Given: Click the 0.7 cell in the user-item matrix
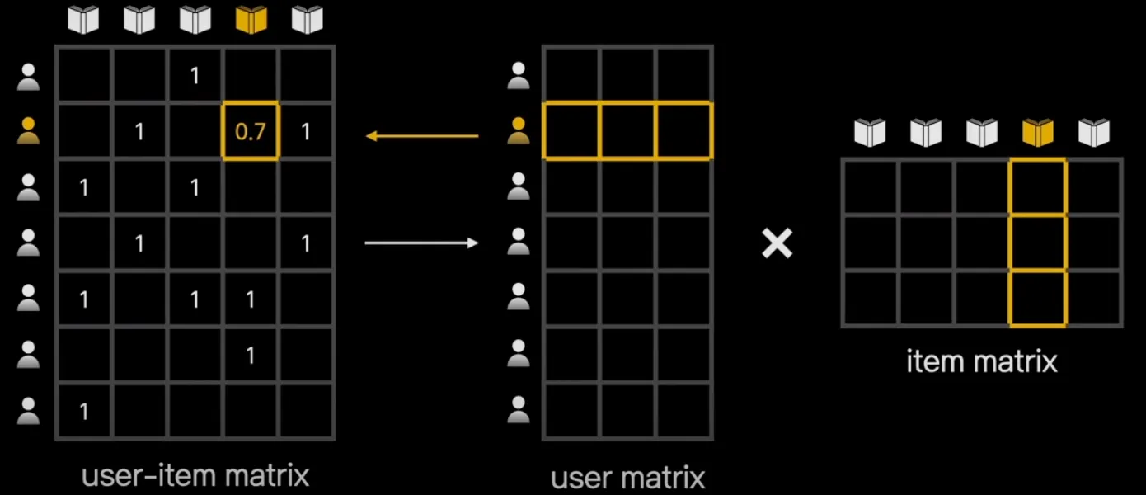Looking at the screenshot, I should (251, 131).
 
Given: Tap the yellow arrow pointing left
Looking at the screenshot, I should (421, 135).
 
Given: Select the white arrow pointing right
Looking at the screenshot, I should (421, 243).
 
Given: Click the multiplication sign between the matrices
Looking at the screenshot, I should (777, 243).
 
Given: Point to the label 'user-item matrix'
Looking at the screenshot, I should (195, 475).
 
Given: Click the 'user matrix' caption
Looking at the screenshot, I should (628, 477).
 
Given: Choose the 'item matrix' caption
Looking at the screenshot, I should (981, 361).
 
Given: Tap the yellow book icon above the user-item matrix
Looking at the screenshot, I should (251, 20).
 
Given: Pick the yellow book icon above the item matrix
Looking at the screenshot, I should (1038, 132).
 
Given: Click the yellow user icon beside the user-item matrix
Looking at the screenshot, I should (29, 131).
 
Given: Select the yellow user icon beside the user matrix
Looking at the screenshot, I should (519, 131).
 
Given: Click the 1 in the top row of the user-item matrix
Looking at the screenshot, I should (195, 76).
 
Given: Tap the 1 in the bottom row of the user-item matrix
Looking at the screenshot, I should (83, 410).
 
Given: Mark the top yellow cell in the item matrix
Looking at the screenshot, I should (1038, 187).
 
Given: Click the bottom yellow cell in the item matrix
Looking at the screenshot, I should (1038, 298).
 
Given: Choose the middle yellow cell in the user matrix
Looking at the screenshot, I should (628, 130).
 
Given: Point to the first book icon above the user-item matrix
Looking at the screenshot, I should (83, 20).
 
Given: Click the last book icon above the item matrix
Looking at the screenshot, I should (1094, 132).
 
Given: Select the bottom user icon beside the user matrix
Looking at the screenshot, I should (519, 410).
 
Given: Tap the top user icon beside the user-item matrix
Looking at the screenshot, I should (29, 77).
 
